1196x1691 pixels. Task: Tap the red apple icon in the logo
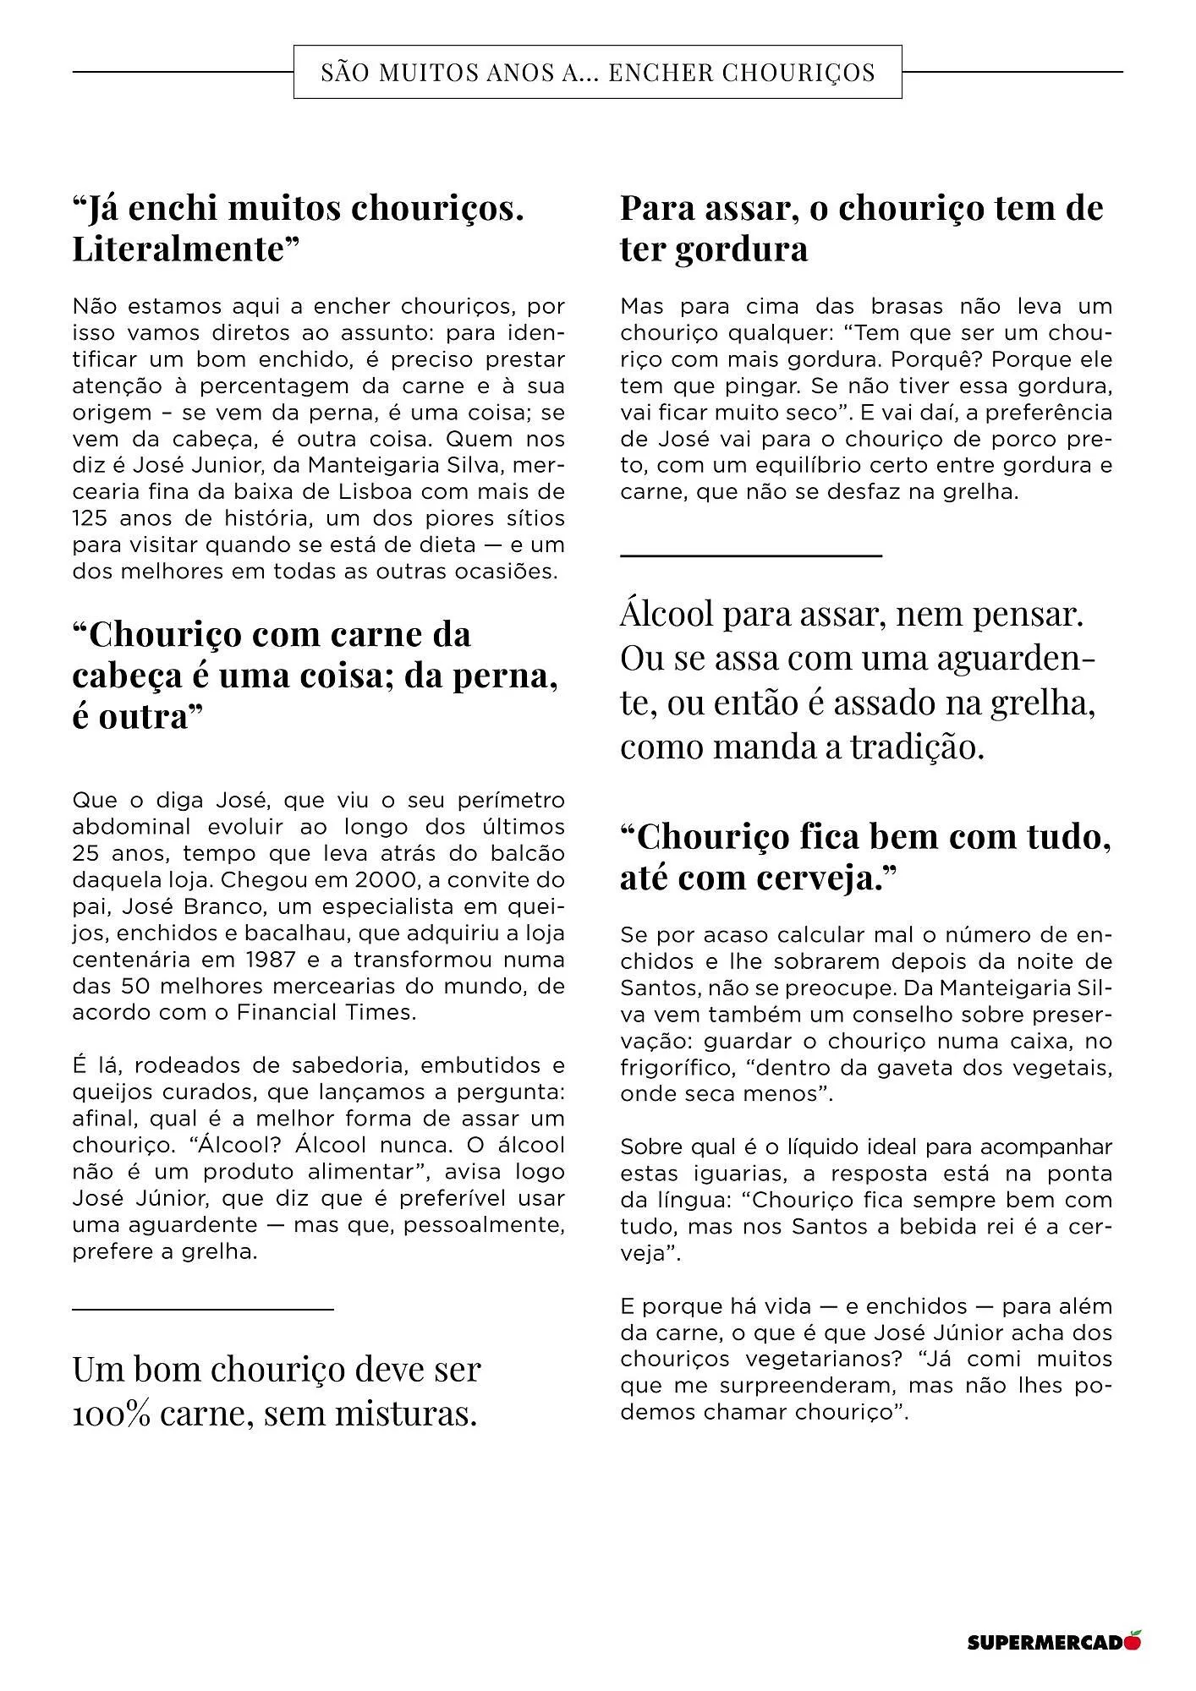(x=1133, y=1641)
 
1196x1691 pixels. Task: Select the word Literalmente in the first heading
(x=186, y=249)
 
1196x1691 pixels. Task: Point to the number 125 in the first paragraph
(x=91, y=518)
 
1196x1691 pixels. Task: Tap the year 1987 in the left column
(x=272, y=960)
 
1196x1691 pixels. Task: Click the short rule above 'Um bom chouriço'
(x=203, y=1310)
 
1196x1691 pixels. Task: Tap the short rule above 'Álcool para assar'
(x=750, y=555)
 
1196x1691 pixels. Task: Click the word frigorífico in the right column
(x=676, y=1067)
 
